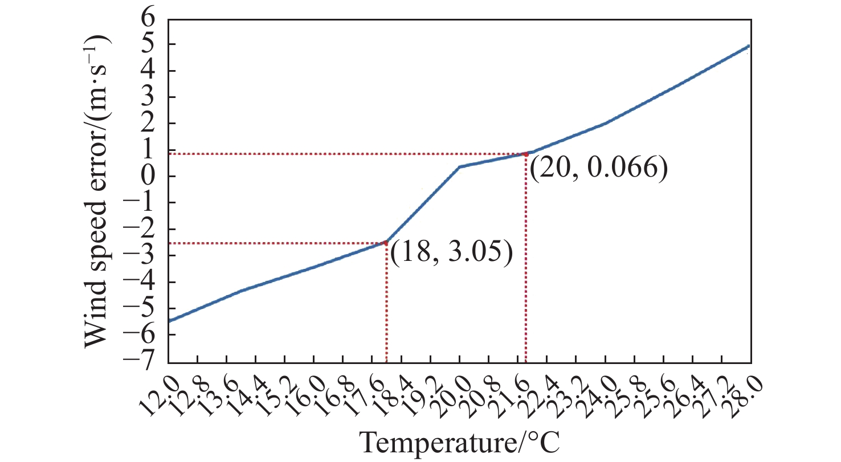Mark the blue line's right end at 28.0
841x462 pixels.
point(750,46)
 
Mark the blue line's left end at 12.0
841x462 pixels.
point(169,321)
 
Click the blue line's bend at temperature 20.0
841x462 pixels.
point(459,167)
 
